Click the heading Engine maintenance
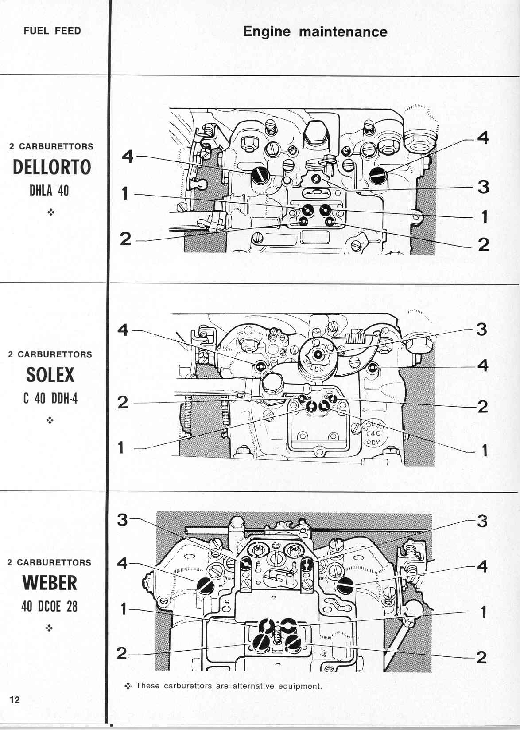(x=315, y=32)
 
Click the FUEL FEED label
(x=52, y=31)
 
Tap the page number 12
(x=15, y=699)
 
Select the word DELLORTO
(x=52, y=167)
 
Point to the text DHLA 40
(x=49, y=190)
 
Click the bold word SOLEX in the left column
(x=50, y=375)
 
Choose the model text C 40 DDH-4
(x=50, y=398)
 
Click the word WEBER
(x=50, y=583)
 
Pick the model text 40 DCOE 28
(x=50, y=606)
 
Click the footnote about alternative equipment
(x=223, y=686)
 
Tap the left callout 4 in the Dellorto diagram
(x=128, y=157)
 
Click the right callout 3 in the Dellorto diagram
(x=484, y=187)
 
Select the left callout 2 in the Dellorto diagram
(x=126, y=239)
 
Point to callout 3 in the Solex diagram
(x=481, y=329)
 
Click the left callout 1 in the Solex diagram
(x=121, y=447)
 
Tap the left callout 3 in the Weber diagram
(x=122, y=520)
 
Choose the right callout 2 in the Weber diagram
(x=481, y=657)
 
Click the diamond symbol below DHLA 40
(x=51, y=212)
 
